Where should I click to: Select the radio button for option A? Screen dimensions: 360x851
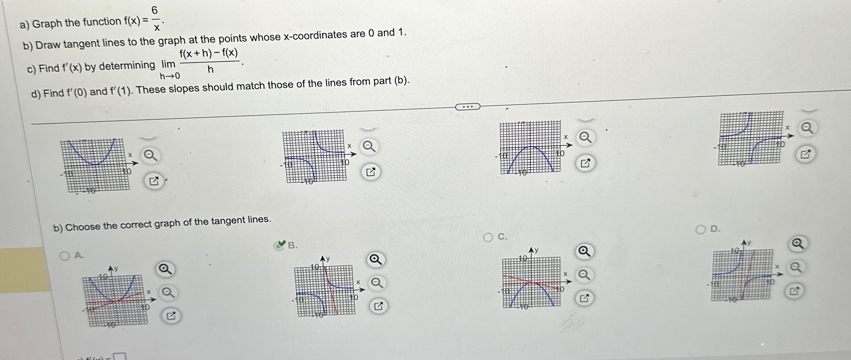(65, 256)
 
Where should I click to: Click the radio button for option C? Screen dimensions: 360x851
(488, 238)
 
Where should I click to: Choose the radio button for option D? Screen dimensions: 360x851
(700, 230)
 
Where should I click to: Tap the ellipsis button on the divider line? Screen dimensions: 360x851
(467, 107)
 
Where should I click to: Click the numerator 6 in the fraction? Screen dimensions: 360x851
(155, 11)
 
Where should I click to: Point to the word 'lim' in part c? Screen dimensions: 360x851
(168, 64)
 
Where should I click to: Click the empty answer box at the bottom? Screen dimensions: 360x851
(120, 357)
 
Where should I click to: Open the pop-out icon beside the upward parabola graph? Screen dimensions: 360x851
(154, 182)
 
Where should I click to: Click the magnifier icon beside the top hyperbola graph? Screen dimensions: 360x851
(369, 147)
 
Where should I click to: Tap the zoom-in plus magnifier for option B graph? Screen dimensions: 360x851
(375, 260)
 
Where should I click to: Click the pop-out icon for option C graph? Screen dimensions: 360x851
(584, 298)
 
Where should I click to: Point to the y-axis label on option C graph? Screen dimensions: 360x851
(536, 251)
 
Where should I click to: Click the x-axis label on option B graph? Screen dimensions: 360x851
(358, 282)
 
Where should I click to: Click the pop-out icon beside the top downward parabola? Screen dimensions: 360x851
(585, 164)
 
